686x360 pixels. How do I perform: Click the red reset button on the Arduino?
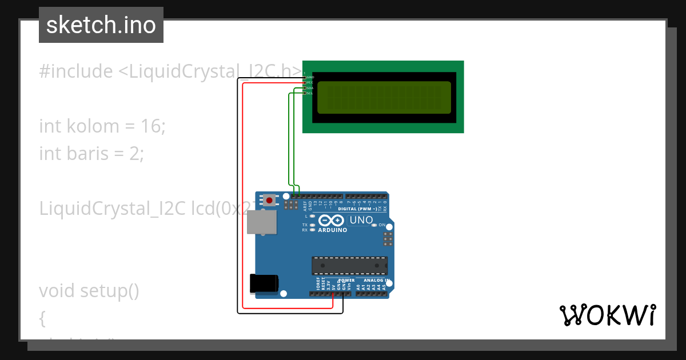click(269, 200)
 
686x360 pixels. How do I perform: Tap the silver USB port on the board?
click(261, 222)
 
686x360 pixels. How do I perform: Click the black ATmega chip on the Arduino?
click(349, 266)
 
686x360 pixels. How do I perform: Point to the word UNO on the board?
click(361, 220)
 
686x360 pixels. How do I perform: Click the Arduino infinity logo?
click(331, 221)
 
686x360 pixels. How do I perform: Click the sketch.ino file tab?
click(101, 25)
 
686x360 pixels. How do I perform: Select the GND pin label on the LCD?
click(310, 77)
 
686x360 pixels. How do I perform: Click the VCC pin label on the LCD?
click(310, 82)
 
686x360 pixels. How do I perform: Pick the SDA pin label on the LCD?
click(310, 88)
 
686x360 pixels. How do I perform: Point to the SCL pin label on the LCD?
click(310, 93)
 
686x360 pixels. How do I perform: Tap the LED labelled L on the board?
click(312, 217)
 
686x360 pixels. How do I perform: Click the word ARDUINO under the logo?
click(332, 230)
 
